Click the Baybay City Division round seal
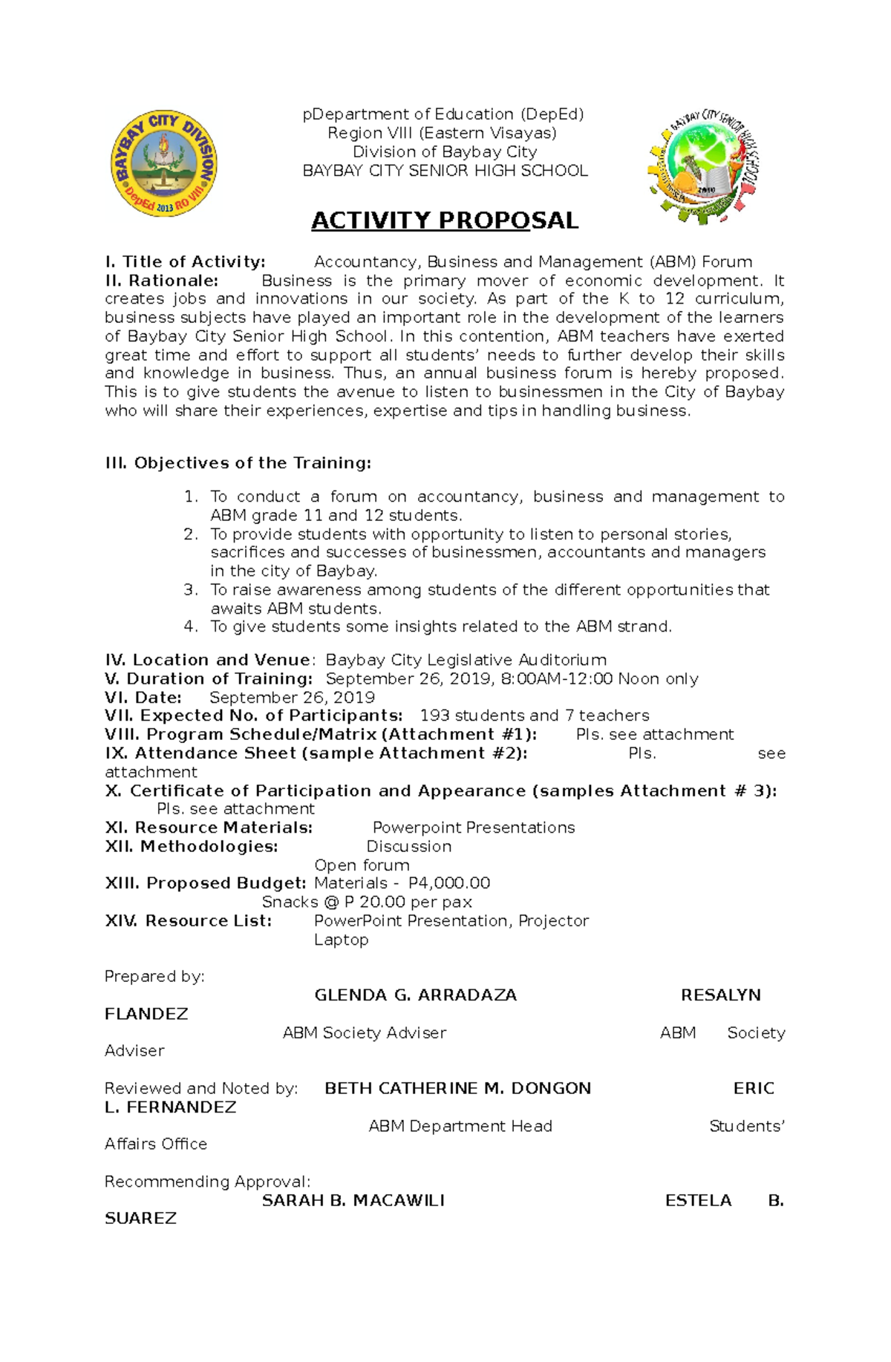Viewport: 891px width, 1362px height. pyautogui.click(x=164, y=164)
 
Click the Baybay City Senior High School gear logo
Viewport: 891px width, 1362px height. pyautogui.click(x=703, y=167)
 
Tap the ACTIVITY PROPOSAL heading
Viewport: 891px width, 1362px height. pyautogui.click(x=444, y=220)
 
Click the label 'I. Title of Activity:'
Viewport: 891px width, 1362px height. pyautogui.click(x=185, y=262)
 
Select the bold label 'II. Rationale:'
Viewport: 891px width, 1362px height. pyautogui.click(x=162, y=281)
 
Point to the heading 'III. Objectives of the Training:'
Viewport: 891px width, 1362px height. pyautogui.click(x=238, y=463)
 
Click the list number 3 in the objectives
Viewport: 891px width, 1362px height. pyautogui.click(x=191, y=590)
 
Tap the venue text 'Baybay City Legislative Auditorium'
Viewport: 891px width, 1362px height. pyautogui.click(x=466, y=660)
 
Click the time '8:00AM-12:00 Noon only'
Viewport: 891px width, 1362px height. pyautogui.click(x=599, y=679)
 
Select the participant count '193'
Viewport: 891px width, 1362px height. pyautogui.click(x=434, y=716)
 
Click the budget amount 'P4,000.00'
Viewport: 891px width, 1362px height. pyautogui.click(x=449, y=883)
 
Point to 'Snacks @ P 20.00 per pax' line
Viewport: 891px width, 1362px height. pyautogui.click(x=367, y=902)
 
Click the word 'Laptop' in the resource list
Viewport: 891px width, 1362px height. pyautogui.click(x=341, y=940)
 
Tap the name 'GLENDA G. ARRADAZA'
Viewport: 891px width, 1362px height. pyautogui.click(x=415, y=995)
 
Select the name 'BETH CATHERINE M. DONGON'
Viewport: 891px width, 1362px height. pyautogui.click(x=457, y=1089)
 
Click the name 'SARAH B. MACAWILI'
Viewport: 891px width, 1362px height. pyautogui.click(x=353, y=1200)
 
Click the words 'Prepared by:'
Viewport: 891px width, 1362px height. pyautogui.click(x=154, y=977)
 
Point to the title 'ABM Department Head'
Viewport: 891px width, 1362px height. pyautogui.click(x=460, y=1126)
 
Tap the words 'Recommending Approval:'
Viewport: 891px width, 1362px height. pyautogui.click(x=207, y=1182)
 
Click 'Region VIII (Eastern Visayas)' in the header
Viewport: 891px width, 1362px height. pyautogui.click(x=443, y=133)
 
